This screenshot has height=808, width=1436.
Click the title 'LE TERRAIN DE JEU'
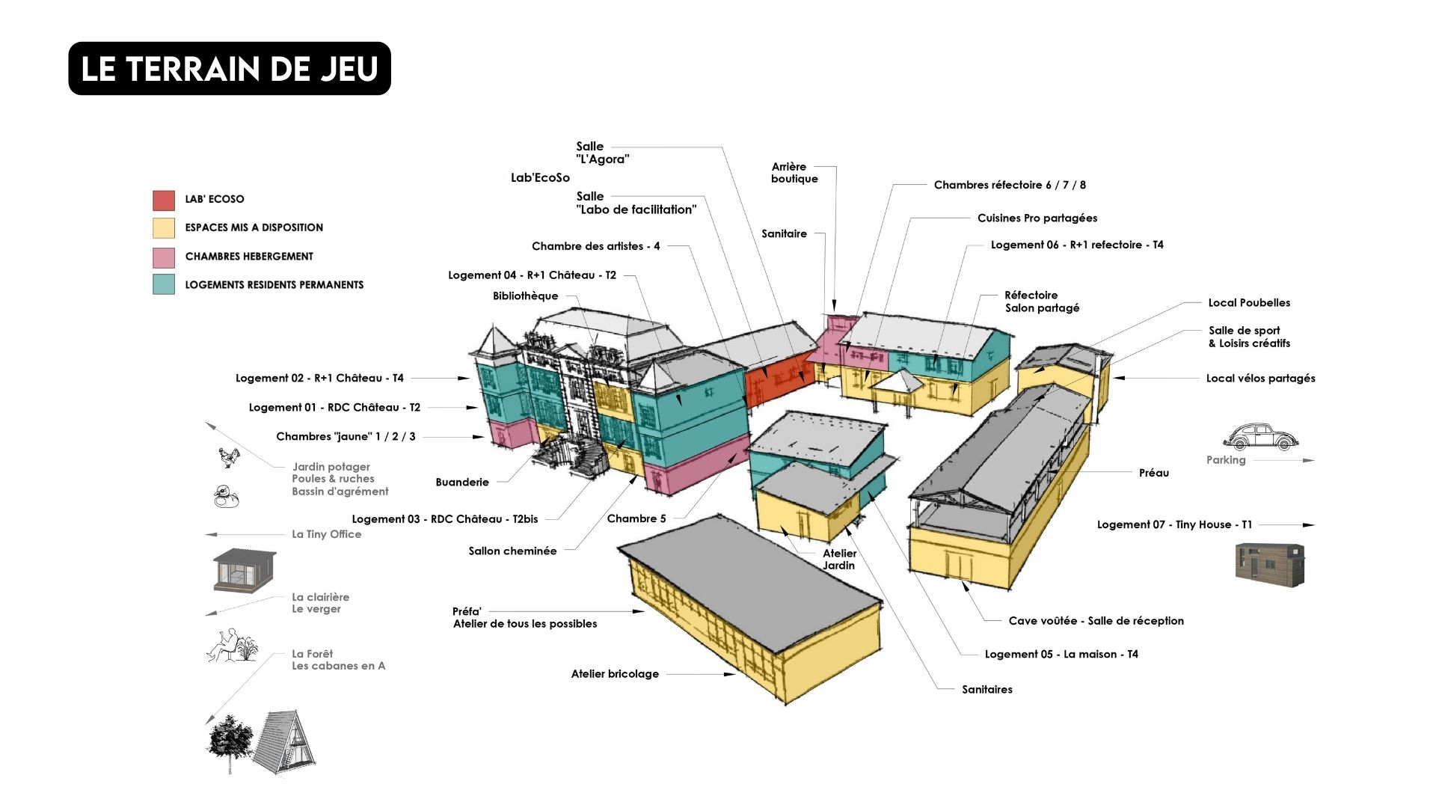(229, 69)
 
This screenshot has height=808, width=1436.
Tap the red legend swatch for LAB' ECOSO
(164, 200)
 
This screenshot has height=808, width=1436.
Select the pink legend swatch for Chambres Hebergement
(164, 257)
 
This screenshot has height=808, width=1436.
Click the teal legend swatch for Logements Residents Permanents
(164, 284)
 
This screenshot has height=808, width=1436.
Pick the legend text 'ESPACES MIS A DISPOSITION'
(254, 227)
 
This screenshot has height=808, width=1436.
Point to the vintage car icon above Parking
(1260, 437)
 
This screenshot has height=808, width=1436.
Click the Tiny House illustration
(1269, 564)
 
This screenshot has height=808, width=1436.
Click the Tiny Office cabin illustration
(244, 570)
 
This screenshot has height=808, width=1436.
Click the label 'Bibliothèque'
(525, 296)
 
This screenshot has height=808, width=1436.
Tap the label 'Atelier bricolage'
(615, 674)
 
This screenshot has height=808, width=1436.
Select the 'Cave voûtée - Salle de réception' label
(1096, 621)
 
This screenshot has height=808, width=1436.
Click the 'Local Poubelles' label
(1249, 303)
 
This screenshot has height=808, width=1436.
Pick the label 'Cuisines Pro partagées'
(1037, 218)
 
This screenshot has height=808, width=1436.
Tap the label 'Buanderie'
(462, 483)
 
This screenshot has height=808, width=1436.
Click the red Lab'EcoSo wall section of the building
(778, 379)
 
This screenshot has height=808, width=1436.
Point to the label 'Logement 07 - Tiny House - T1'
(1174, 525)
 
